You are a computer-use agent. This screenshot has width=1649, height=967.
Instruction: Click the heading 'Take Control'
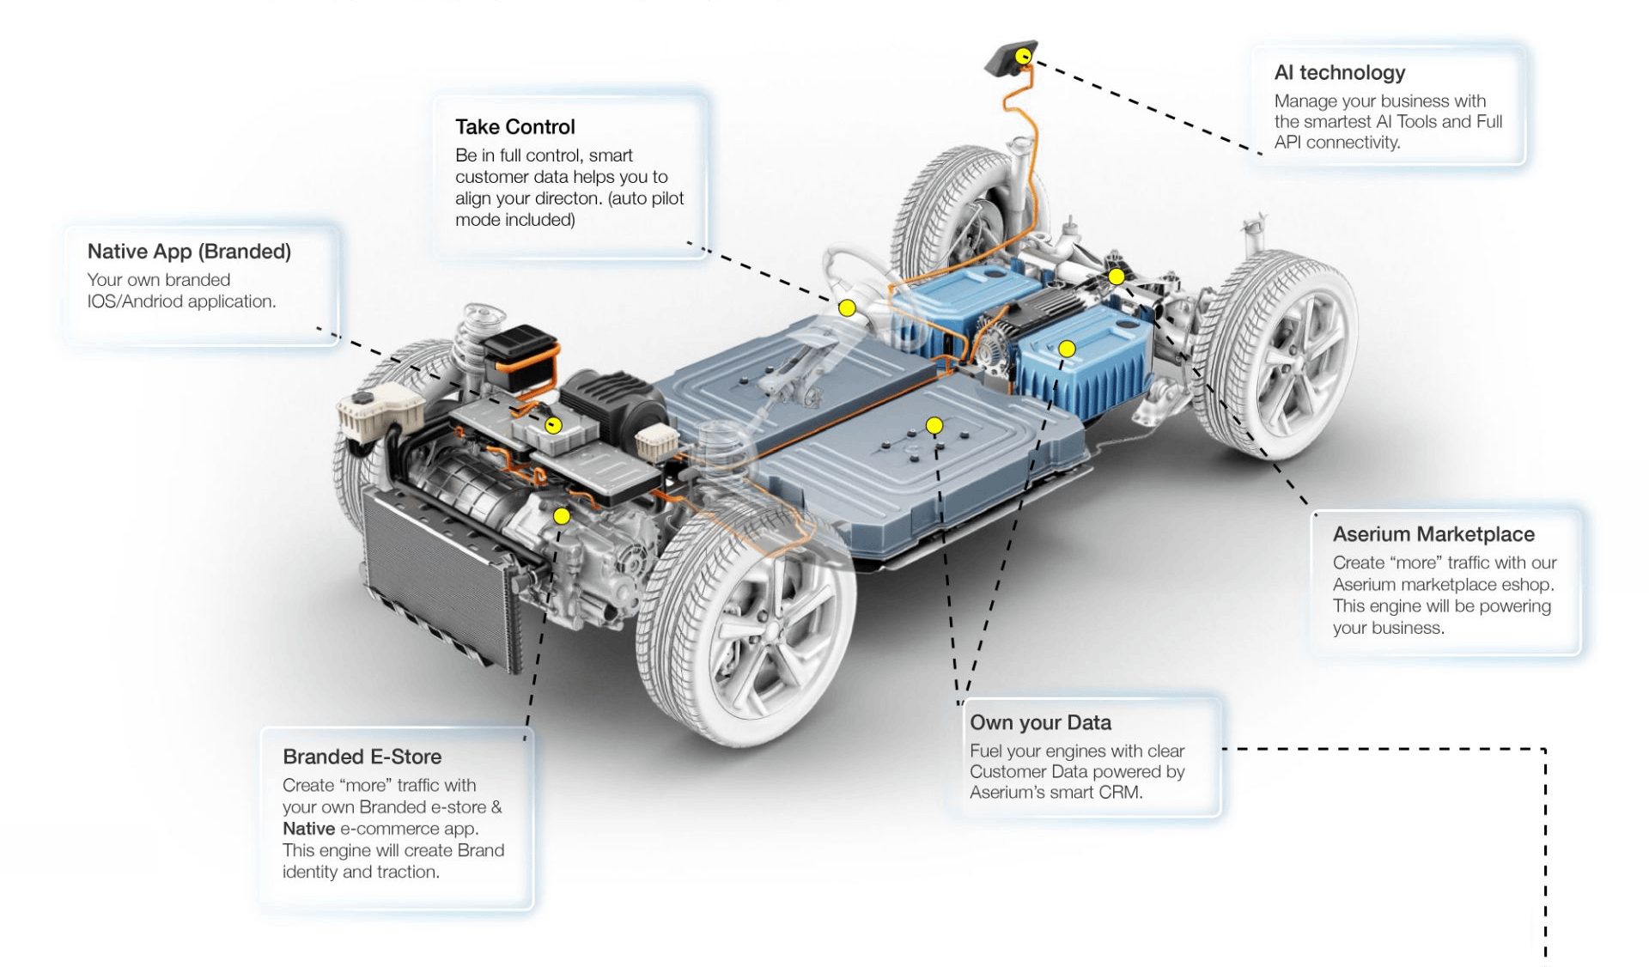point(514,127)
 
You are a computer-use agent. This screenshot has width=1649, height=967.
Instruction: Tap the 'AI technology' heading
point(1339,73)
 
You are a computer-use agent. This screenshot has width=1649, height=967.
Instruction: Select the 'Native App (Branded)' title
point(189,252)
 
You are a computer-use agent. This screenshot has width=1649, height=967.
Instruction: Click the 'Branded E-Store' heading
point(362,757)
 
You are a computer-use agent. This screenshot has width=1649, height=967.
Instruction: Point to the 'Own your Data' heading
point(1040,723)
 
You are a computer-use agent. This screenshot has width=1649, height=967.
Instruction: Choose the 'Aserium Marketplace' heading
point(1433,534)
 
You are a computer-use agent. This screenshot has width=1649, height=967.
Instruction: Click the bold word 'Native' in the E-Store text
point(308,829)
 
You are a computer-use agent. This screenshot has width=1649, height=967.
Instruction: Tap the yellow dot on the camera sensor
point(1023,57)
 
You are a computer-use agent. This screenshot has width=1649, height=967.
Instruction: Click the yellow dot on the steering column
point(847,307)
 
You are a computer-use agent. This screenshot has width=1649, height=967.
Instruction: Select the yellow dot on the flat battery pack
point(934,425)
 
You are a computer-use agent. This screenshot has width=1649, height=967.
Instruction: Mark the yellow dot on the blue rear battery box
point(1067,349)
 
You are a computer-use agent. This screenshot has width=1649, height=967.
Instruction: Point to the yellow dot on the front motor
point(562,515)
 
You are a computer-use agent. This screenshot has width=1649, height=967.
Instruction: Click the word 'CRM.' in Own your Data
point(1120,793)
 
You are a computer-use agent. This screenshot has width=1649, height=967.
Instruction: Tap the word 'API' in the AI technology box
point(1287,143)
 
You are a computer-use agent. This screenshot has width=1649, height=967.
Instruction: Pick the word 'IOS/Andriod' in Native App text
point(135,301)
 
